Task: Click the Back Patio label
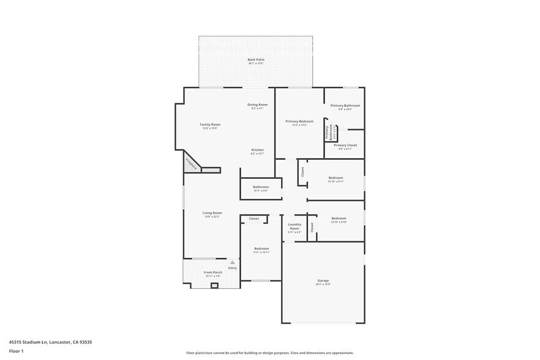coord(256,59)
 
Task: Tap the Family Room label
coord(210,124)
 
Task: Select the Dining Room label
coord(257,105)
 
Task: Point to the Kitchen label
coord(257,150)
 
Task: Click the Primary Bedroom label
coord(299,121)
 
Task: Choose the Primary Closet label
coord(345,145)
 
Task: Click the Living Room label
coord(212,213)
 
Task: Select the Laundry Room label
coord(294,226)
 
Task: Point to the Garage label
coord(323,280)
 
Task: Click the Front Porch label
coord(212,272)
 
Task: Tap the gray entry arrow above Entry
coord(232,262)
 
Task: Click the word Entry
coord(233,268)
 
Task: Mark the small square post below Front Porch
coord(214,285)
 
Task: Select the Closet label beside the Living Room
coord(253,219)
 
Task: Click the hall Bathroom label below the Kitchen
coord(261,187)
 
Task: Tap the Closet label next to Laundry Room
coord(312,227)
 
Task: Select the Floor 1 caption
coord(16,351)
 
